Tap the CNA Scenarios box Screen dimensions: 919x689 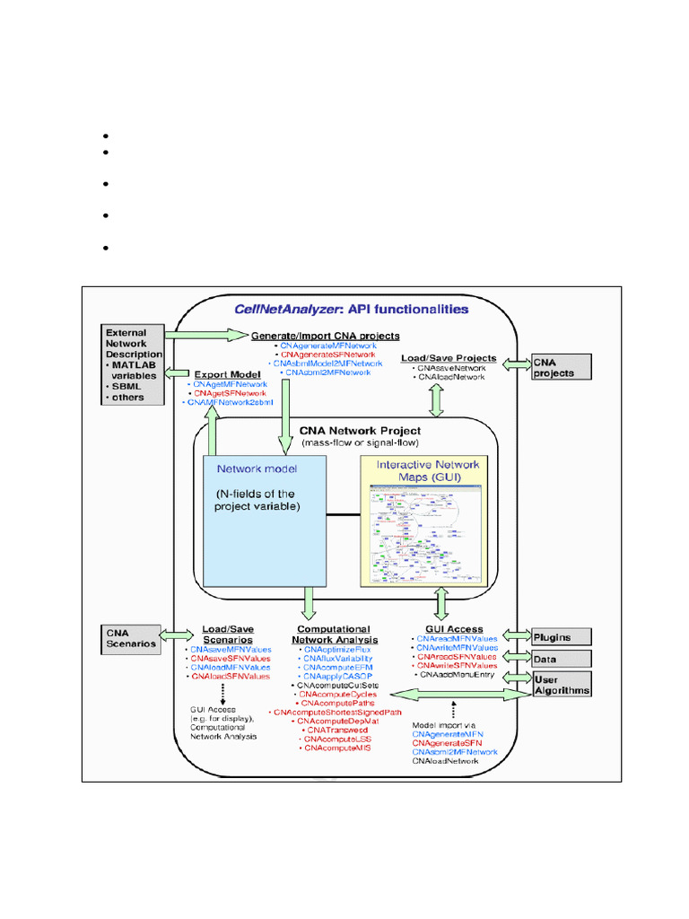pos(131,637)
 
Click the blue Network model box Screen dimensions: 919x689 pos(259,521)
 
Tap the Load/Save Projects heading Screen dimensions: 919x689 pos(449,358)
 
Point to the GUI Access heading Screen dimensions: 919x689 pos(451,629)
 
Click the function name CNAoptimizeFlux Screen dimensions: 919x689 pos(337,649)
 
